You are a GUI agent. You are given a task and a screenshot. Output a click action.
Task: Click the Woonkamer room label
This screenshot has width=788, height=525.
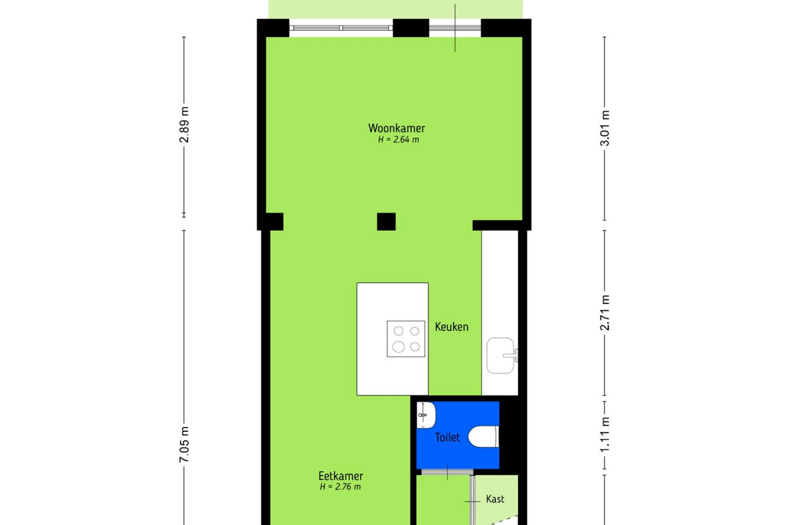click(x=397, y=128)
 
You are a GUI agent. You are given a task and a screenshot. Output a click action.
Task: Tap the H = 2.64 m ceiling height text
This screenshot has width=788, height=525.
click(x=398, y=140)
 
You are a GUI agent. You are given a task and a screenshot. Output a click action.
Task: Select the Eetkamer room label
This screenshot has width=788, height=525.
click(x=341, y=476)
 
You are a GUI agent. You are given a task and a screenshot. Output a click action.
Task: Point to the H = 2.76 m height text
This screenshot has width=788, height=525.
click(x=340, y=487)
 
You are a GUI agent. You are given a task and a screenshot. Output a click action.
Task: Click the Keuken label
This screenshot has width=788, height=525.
click(x=452, y=327)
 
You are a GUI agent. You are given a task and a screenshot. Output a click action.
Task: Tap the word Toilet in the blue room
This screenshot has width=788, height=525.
click(x=447, y=438)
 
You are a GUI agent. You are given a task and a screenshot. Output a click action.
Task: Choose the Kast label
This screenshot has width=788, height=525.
click(x=495, y=499)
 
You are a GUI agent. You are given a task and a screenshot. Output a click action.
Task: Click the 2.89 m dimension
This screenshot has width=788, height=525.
click(x=184, y=125)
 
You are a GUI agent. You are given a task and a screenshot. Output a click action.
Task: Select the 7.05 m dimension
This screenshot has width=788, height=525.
click(x=184, y=444)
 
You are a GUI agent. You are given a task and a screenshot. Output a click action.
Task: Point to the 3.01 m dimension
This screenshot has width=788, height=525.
click(x=605, y=128)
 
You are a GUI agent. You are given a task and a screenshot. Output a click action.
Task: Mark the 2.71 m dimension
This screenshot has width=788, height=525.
click(x=605, y=312)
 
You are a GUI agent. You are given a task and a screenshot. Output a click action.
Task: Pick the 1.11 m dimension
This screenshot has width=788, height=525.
click(x=605, y=434)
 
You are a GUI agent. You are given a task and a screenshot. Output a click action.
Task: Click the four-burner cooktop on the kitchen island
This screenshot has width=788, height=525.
click(x=406, y=339)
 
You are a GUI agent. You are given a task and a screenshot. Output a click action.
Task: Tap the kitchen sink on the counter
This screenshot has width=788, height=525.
click(x=500, y=356)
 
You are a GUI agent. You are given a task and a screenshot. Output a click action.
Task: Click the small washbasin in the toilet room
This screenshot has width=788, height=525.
click(x=426, y=415)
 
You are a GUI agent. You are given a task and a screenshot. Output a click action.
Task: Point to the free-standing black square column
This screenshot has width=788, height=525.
click(x=386, y=222)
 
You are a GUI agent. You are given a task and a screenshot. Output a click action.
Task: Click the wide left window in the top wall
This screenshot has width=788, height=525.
click(x=341, y=28)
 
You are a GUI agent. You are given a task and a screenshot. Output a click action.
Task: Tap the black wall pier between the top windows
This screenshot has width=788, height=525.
click(x=411, y=28)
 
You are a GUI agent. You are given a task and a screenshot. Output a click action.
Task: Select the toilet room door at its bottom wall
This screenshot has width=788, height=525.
click(x=447, y=472)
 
